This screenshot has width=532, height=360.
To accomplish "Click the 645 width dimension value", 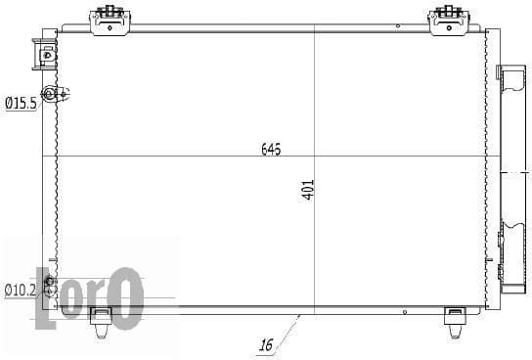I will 271,150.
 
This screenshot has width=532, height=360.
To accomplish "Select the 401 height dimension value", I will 307,190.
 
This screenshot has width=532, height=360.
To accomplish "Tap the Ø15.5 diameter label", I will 21,102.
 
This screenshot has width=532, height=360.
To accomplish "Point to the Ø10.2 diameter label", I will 20,290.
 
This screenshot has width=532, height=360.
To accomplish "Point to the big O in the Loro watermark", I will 125,299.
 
